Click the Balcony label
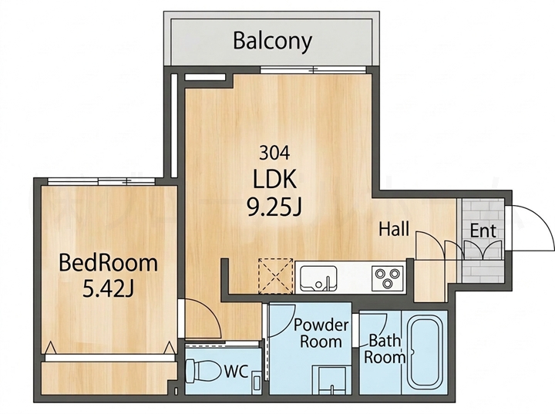273,42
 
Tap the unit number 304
274,153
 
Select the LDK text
274,179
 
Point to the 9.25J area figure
274,207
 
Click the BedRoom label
109,263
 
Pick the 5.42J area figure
109,288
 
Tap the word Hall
394,229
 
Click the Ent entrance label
483,231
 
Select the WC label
236,372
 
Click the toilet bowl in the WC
202,370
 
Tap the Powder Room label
321,333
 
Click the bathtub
425,353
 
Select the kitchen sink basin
318,278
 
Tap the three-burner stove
388,278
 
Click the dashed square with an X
276,276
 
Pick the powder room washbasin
331,380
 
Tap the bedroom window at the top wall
101,182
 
